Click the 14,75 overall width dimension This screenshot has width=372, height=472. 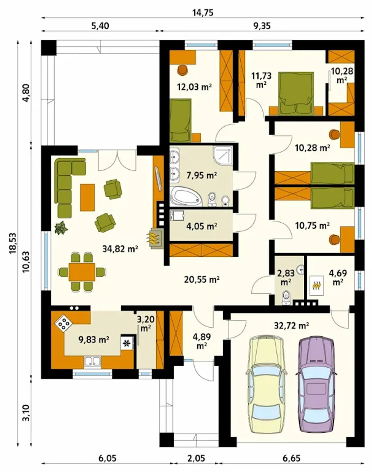click(x=203, y=13)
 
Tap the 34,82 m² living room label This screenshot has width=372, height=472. click(x=120, y=249)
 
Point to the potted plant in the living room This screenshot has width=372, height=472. click(x=61, y=228)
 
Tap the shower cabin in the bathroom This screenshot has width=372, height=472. click(x=223, y=156)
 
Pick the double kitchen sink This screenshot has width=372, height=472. click(x=92, y=361)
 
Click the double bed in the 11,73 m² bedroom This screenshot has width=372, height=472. click(x=296, y=94)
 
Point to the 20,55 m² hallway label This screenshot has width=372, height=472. click(x=202, y=279)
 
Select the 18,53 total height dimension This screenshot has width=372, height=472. click(x=13, y=243)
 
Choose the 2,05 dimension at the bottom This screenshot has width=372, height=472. click(x=196, y=452)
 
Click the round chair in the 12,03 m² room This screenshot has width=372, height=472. click(x=183, y=70)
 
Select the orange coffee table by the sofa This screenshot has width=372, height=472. click(x=87, y=197)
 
